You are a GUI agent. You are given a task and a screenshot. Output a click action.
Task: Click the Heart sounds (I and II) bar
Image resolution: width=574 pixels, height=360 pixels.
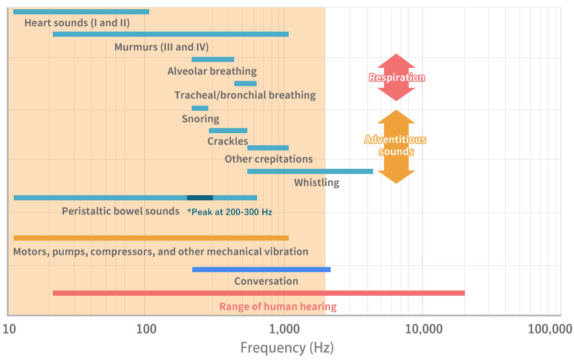[81, 11]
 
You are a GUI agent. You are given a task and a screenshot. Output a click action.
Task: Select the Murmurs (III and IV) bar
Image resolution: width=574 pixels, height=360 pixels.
[170, 34]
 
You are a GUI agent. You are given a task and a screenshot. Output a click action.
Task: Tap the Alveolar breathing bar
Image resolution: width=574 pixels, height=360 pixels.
[213, 59]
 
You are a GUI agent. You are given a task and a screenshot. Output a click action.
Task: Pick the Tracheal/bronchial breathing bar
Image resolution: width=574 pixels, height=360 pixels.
[245, 83]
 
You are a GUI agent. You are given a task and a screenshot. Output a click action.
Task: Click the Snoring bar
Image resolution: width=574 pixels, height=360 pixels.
[200, 108]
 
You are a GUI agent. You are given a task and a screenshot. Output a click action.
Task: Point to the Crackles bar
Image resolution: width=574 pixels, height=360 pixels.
[228, 130]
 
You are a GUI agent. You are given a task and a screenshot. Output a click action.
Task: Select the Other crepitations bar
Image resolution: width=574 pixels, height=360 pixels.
[268, 148]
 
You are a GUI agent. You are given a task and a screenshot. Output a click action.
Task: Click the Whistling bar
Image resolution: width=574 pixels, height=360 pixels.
[310, 171]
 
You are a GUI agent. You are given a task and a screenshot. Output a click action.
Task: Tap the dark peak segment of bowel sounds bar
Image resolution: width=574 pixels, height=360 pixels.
[200, 198]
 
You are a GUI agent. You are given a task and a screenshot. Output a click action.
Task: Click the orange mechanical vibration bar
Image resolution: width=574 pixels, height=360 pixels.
[151, 238]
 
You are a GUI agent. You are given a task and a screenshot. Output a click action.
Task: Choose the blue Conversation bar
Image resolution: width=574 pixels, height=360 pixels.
[261, 269]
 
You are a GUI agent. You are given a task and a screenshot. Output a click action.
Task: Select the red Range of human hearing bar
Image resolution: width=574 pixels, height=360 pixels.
[258, 293]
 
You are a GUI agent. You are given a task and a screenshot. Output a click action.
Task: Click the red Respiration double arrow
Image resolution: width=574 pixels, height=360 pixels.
[396, 78]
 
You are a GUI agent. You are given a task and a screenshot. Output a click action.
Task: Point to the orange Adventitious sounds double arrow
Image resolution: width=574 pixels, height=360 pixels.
[396, 146]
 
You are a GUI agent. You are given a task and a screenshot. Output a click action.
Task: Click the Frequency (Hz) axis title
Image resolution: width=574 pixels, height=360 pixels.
[286, 347]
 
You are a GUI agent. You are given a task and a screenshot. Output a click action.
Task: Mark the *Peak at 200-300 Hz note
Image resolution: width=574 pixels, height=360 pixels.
[230, 212]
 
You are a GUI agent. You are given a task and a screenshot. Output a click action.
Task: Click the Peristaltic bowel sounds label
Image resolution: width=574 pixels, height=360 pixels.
[121, 211]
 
